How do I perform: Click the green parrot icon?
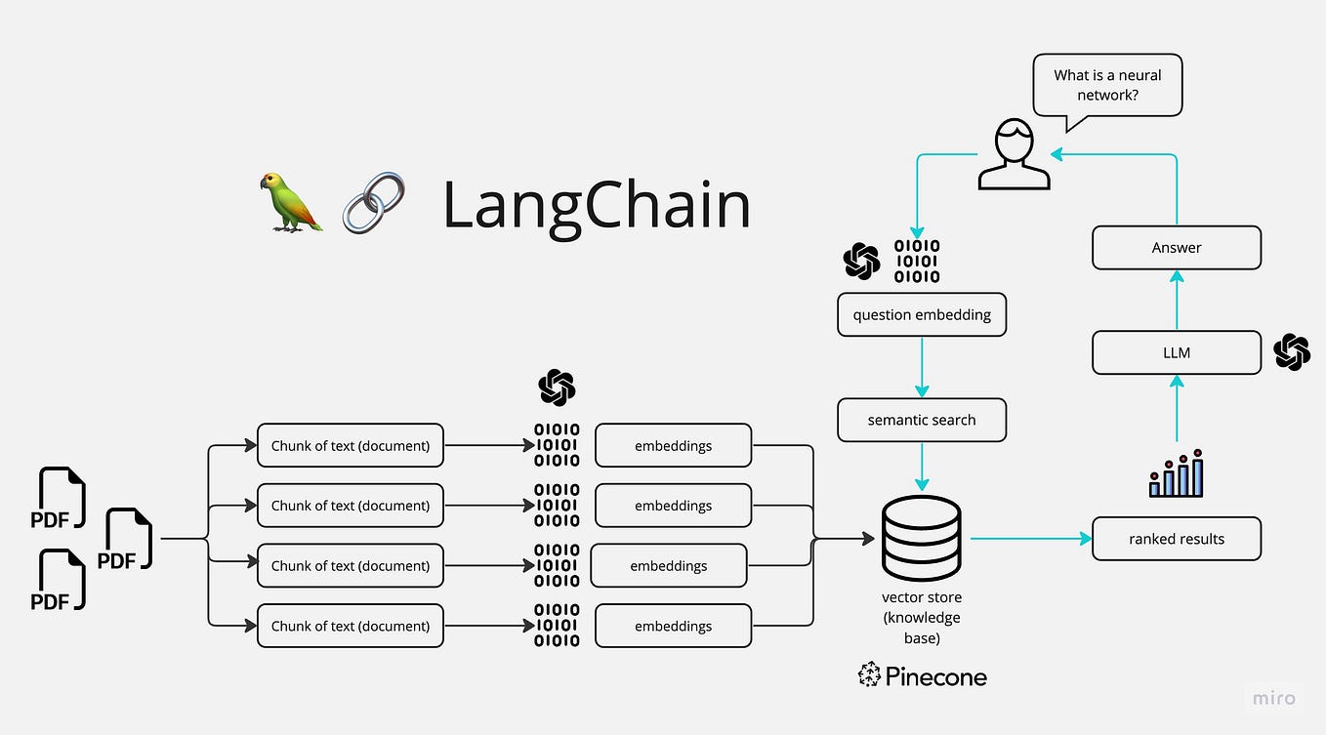tap(291, 202)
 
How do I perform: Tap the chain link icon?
tap(373, 202)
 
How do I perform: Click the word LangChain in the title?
tap(597, 205)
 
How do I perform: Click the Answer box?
tap(1176, 248)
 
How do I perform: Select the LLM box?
tap(1176, 352)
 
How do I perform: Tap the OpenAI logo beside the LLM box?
tap(1292, 352)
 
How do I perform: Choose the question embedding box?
tap(921, 315)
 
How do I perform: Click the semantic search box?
tap(921, 421)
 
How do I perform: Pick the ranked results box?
tap(1176, 539)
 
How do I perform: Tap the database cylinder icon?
tap(921, 538)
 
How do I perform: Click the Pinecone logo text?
tap(923, 675)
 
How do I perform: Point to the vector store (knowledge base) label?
tap(921, 617)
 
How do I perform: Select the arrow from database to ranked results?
tap(1030, 538)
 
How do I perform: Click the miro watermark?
tap(1274, 698)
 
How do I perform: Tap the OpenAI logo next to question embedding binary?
tap(862, 261)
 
